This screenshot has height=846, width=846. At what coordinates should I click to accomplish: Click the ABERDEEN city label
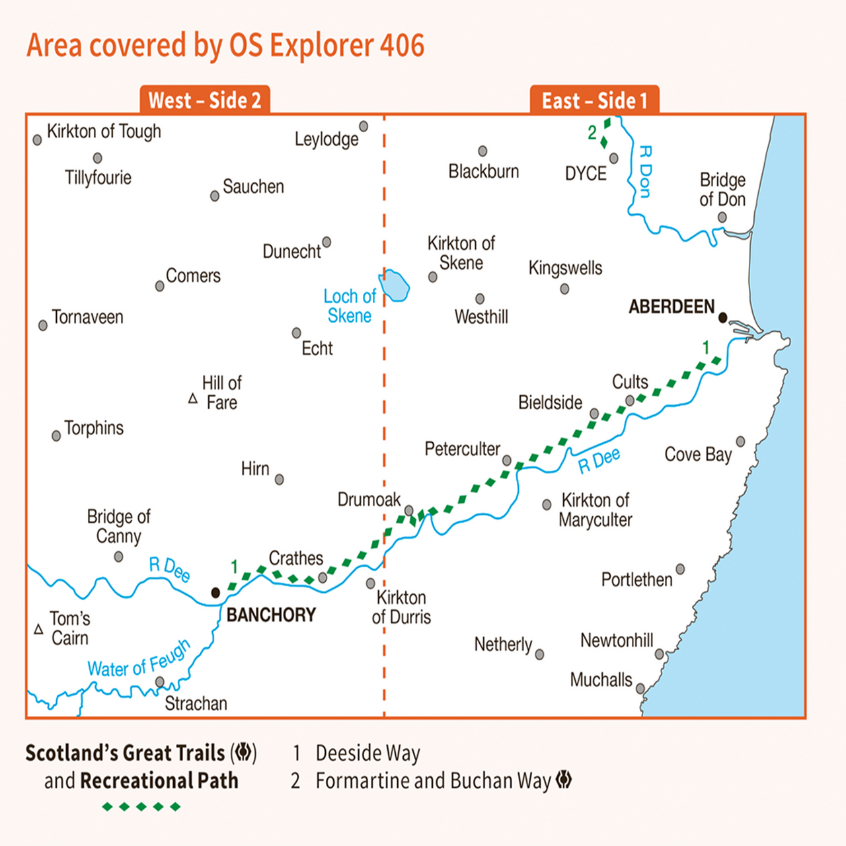click(671, 307)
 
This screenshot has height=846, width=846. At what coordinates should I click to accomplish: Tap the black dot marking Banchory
click(215, 593)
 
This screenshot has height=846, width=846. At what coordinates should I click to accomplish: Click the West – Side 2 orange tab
click(205, 100)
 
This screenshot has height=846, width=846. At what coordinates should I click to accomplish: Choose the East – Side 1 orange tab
click(594, 100)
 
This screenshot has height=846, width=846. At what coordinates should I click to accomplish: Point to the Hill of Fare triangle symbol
click(193, 399)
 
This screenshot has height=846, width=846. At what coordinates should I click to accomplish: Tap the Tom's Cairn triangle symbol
click(38, 629)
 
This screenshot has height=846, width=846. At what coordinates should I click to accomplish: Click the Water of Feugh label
click(139, 660)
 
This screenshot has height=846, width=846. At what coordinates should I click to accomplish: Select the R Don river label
click(645, 172)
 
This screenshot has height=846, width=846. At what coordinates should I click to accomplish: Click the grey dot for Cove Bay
click(740, 442)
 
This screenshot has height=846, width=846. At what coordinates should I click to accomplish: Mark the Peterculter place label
click(462, 449)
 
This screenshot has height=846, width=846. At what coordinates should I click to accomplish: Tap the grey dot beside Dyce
click(614, 159)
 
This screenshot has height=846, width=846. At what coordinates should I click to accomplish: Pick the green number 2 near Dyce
click(592, 133)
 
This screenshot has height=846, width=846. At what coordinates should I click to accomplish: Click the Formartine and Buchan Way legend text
click(433, 781)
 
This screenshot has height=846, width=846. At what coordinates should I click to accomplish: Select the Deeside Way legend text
click(367, 753)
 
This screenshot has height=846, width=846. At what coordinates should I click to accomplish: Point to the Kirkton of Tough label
click(104, 132)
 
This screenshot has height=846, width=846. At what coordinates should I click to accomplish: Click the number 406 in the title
click(402, 46)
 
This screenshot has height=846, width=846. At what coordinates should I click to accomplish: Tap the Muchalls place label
click(601, 680)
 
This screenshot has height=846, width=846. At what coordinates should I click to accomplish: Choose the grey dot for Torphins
click(56, 436)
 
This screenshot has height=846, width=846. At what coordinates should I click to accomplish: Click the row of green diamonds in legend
click(141, 806)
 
